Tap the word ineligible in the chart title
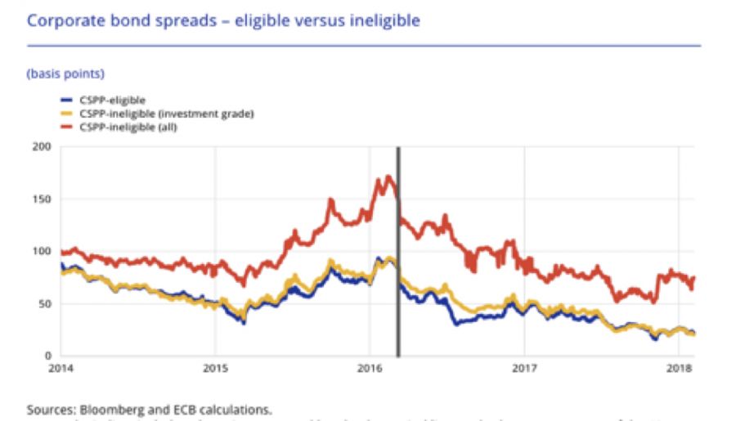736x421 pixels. [383, 20]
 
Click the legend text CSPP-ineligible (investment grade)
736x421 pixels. [167, 113]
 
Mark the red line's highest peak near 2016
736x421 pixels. [387, 177]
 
